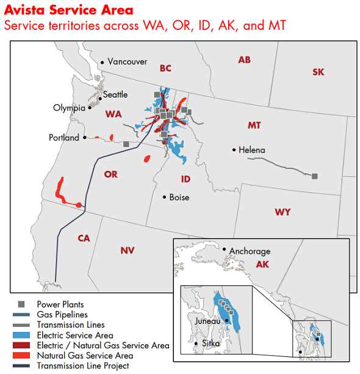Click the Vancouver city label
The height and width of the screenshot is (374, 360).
[127, 62]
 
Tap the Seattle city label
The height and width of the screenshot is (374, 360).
[115, 95]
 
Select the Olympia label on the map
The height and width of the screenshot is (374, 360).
[70, 108]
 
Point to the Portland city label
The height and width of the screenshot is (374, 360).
[64, 138]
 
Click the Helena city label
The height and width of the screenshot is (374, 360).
[252, 150]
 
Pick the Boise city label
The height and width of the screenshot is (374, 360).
[179, 198]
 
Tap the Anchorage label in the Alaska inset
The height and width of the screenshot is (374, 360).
[250, 251]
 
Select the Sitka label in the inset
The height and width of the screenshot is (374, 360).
[211, 344]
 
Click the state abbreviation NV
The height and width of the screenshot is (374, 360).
[128, 250]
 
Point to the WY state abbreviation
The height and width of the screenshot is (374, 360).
[283, 212]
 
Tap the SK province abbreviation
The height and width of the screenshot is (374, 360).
[319, 72]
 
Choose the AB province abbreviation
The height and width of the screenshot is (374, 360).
[244, 60]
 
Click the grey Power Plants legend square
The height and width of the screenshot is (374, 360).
[21, 304]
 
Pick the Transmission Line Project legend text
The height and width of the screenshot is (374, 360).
[83, 366]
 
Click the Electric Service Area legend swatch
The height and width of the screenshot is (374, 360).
[21, 335]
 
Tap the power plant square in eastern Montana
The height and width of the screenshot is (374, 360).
[315, 176]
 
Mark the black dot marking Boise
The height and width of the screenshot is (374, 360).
[164, 197]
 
